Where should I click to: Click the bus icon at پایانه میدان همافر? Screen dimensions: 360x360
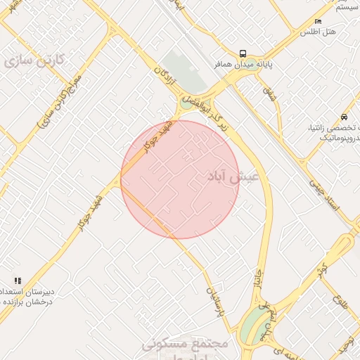point(243,53)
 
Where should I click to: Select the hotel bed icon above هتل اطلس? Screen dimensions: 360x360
point(319,22)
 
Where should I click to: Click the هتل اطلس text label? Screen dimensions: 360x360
point(318,32)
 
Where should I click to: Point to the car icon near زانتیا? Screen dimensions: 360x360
point(343,116)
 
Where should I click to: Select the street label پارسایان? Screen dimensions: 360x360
point(214,300)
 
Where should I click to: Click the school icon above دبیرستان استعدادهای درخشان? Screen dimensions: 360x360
point(18,281)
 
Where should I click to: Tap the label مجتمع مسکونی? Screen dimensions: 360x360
point(185,344)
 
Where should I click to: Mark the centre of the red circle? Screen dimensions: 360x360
point(180,179)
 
